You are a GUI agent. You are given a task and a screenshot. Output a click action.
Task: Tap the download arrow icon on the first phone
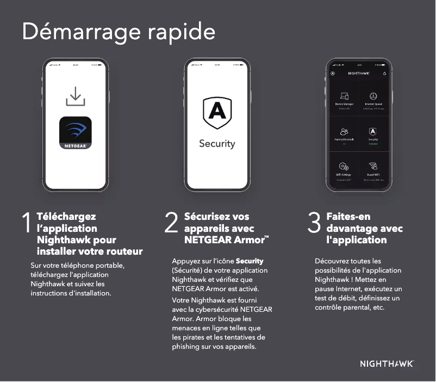click(x=75, y=96)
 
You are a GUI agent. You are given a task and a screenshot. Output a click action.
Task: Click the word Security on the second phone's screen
click(x=217, y=144)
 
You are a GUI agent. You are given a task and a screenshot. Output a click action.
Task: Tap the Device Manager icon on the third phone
click(x=344, y=96)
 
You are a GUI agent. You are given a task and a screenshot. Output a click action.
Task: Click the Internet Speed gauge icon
click(x=373, y=96)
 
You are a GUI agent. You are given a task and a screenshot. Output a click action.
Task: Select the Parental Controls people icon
click(x=344, y=132)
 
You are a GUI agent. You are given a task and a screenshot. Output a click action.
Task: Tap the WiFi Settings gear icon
click(x=344, y=167)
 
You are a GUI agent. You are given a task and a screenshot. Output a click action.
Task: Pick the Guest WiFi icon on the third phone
click(x=373, y=167)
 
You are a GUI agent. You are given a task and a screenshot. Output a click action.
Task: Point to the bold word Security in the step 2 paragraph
click(x=250, y=261)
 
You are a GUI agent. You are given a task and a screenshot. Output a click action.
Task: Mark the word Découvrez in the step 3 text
click(x=333, y=261)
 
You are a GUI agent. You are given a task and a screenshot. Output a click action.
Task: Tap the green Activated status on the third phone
click(x=373, y=144)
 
